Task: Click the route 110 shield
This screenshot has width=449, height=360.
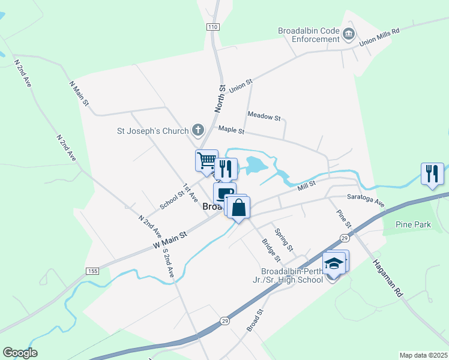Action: [211, 27]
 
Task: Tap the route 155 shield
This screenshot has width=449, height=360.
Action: [92, 271]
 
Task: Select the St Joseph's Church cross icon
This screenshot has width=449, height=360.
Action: [197, 130]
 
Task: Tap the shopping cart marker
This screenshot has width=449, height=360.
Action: [206, 161]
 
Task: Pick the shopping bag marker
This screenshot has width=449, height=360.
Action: [239, 208]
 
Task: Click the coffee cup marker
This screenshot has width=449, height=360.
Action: [224, 193]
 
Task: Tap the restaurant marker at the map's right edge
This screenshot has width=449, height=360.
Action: [432, 174]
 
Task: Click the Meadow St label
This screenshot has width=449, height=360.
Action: [264, 116]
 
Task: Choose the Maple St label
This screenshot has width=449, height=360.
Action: [231, 130]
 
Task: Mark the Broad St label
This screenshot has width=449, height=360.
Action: [255, 320]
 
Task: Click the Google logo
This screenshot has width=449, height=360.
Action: [20, 353]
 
